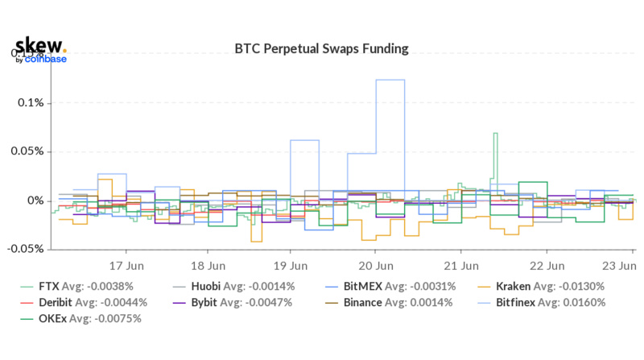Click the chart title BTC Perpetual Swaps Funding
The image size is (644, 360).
(321, 48)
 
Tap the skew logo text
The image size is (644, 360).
(40, 45)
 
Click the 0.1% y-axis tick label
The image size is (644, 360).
(31, 103)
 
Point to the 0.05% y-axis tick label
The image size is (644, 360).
(28, 151)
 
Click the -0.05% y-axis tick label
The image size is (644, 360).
(27, 249)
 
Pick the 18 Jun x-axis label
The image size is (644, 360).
(208, 264)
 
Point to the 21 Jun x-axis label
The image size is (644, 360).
(461, 264)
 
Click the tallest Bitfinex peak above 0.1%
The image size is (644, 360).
(390, 80)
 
